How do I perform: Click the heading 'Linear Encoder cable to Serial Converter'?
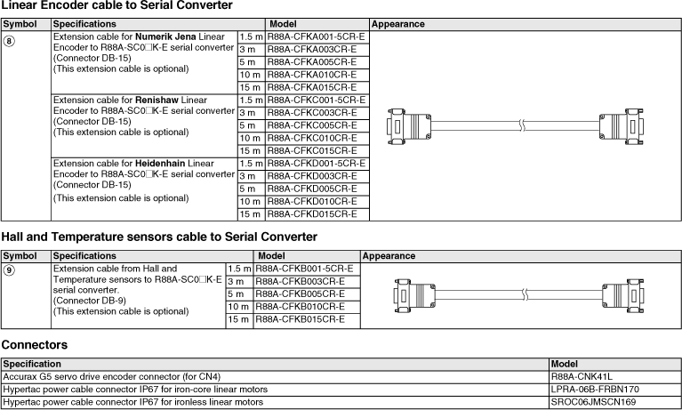click(x=116, y=6)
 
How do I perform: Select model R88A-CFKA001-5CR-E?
click(x=316, y=37)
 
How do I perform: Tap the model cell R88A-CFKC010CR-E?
click(x=311, y=138)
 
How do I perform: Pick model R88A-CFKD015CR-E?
click(x=311, y=213)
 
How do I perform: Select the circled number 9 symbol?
click(x=9, y=269)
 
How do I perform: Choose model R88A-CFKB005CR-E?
click(x=300, y=293)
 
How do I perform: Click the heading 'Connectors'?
click(x=35, y=343)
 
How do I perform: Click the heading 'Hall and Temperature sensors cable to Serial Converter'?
click(x=159, y=237)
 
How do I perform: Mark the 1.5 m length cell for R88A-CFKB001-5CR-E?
click(x=239, y=269)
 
